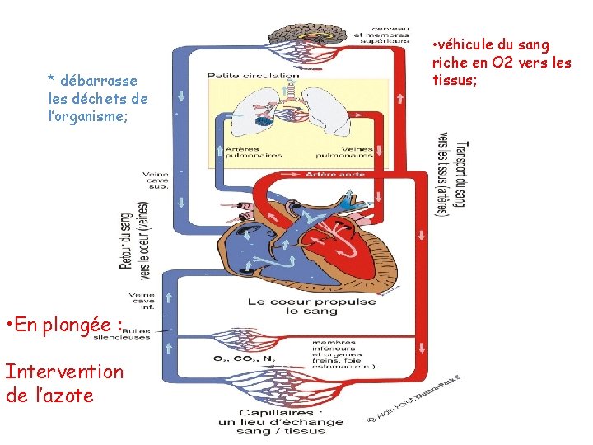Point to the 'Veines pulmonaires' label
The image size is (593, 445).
coord(347,152)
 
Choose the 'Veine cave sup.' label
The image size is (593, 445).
coord(155,180)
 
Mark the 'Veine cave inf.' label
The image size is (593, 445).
coord(141,302)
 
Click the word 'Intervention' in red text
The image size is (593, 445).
coord(63,372)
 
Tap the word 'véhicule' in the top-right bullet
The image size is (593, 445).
coord(470,44)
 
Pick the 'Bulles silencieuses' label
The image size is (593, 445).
coord(145,334)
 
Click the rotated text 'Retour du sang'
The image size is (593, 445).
coord(126,239)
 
